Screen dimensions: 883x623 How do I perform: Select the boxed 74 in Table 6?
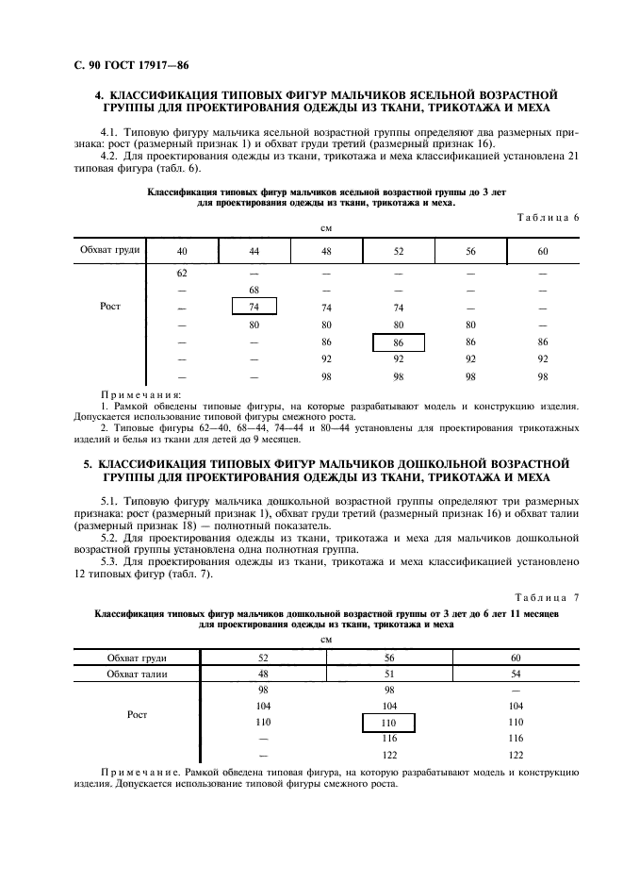point(254,307)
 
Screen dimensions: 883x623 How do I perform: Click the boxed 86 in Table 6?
point(398,342)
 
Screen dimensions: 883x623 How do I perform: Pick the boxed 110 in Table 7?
point(387,722)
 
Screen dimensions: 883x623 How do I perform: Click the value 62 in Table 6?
point(182,272)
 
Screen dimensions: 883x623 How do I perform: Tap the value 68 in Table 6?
point(254,289)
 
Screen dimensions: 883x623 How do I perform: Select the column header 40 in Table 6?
point(182,251)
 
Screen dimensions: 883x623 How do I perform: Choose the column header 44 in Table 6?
point(254,251)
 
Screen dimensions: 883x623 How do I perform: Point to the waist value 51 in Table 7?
point(387,674)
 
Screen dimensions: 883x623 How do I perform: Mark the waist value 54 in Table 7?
point(515,674)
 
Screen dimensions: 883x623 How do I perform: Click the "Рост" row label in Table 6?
point(110,307)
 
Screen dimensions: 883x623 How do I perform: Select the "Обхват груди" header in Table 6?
point(110,250)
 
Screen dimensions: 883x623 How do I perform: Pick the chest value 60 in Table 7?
point(515,657)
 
